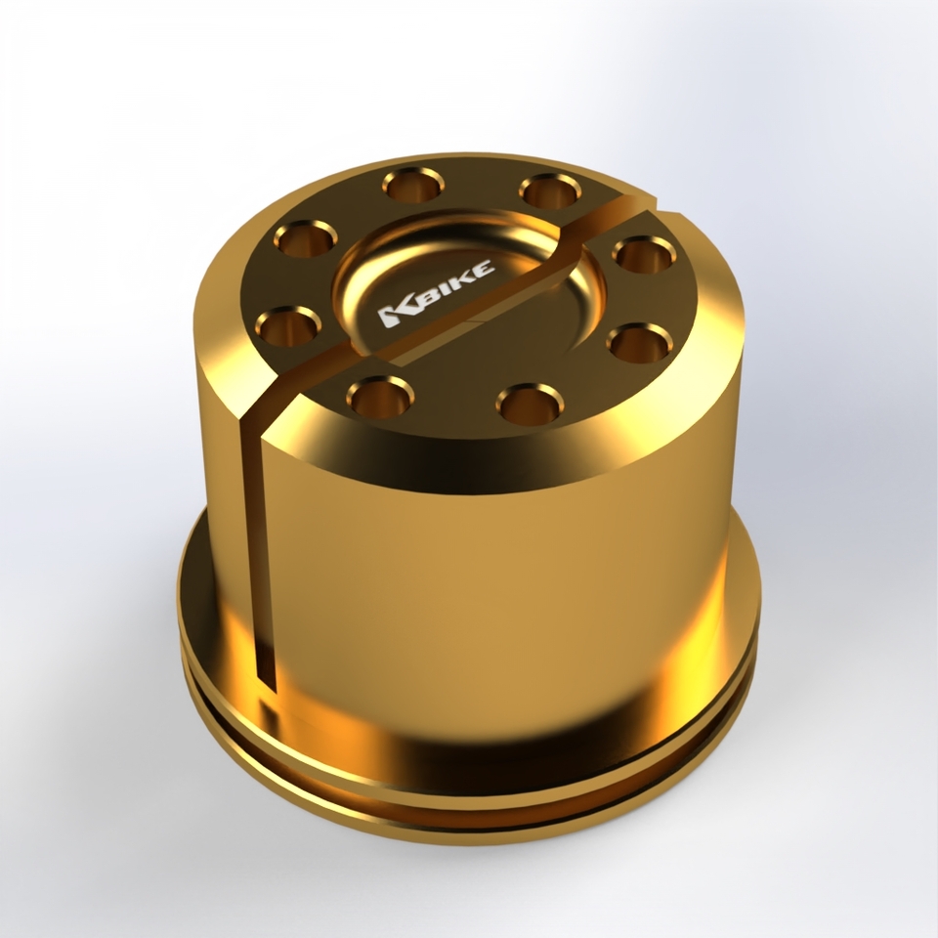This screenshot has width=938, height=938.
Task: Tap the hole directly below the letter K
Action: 379,395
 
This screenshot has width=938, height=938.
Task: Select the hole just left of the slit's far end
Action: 549,189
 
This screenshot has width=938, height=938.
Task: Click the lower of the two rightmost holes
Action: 638,342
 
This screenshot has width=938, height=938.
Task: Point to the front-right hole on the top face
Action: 529,402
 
